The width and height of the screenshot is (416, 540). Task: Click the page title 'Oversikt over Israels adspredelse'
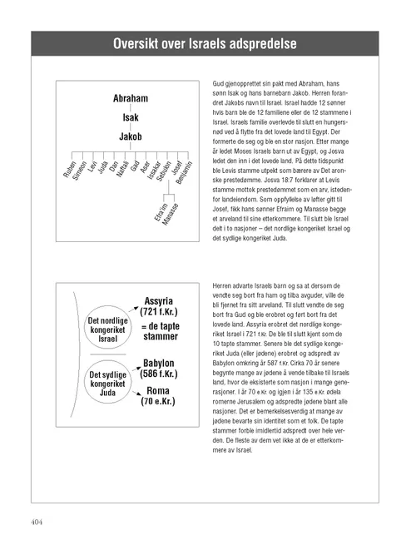click(208, 43)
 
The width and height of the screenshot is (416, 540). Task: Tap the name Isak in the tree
click(131, 117)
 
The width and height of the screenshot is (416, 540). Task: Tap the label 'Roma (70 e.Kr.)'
click(158, 396)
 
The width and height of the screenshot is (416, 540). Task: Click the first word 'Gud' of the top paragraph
click(219, 86)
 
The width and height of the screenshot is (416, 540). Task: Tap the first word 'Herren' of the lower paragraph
click(225, 285)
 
